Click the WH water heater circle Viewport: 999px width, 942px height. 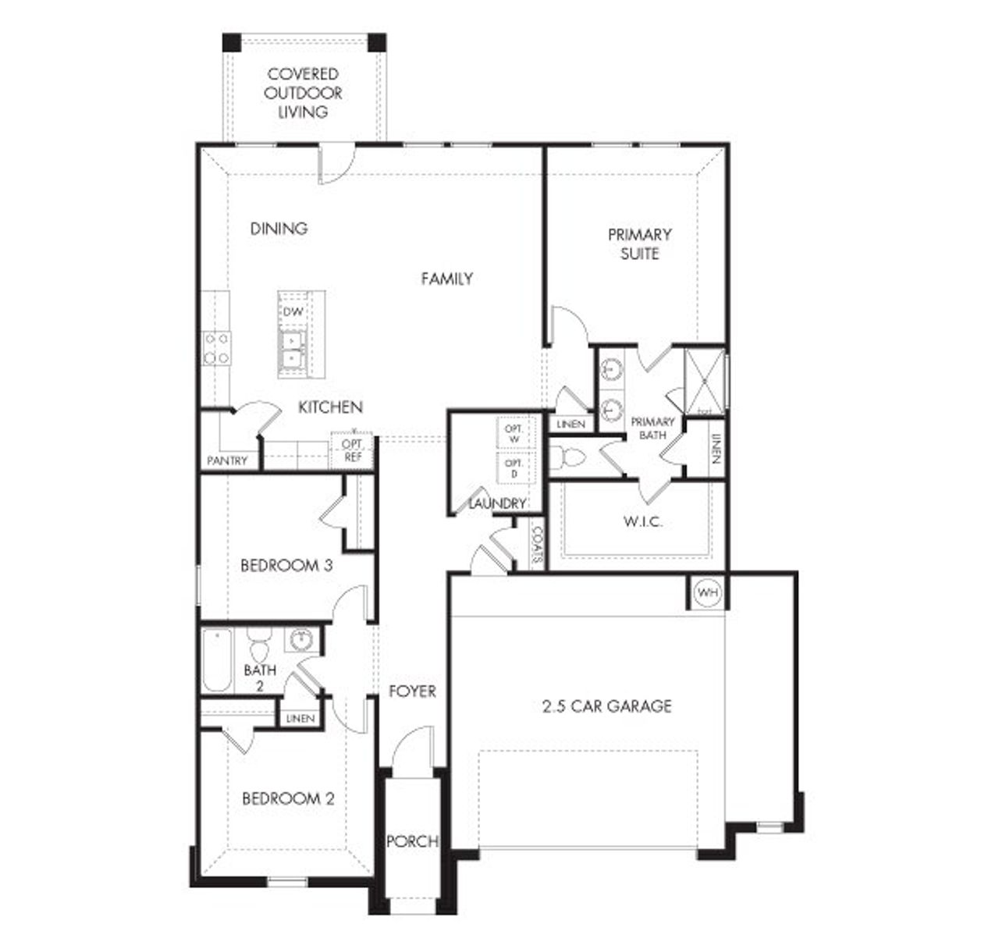[707, 593]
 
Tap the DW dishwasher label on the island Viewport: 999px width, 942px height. [293, 311]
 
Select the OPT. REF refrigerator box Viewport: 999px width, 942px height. [353, 451]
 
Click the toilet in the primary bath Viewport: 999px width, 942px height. [567, 457]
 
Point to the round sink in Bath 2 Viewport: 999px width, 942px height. [300, 640]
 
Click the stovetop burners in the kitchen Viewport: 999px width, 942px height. [216, 348]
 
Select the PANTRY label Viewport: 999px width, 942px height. [227, 460]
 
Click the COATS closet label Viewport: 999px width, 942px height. [537, 544]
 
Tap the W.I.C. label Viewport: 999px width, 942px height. [642, 521]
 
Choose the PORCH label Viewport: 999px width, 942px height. [412, 842]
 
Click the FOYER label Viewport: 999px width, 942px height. [412, 691]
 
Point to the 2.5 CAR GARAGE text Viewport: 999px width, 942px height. [606, 706]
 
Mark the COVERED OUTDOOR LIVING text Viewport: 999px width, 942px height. [303, 93]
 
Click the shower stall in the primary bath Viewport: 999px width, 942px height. [705, 382]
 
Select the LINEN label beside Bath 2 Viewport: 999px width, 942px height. [300, 718]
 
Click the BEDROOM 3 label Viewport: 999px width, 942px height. [286, 565]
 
